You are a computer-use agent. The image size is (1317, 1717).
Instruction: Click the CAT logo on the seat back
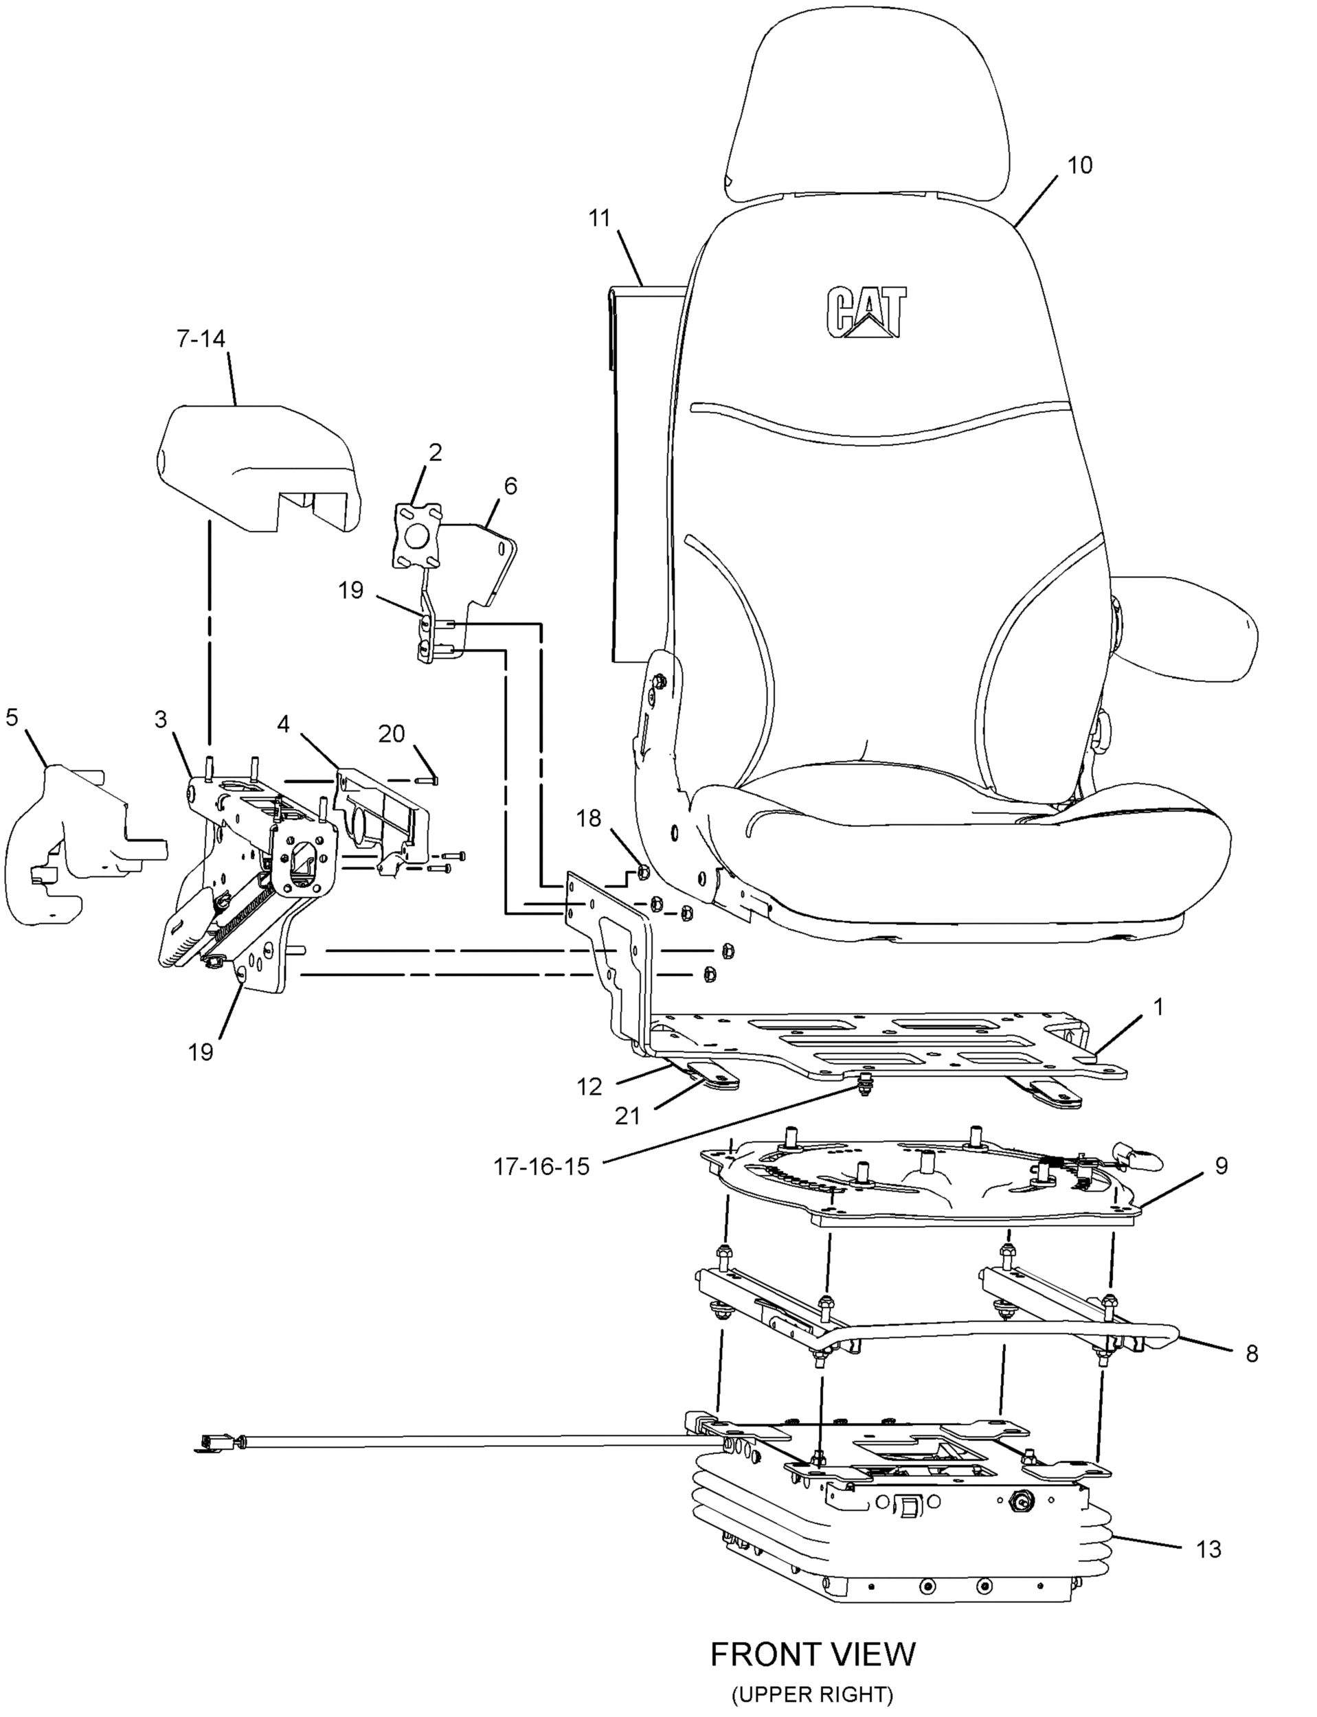point(866,312)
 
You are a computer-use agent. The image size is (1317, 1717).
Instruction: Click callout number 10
point(1079,166)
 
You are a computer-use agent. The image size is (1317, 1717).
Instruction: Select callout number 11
point(599,218)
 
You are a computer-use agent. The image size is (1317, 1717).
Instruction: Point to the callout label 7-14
point(200,339)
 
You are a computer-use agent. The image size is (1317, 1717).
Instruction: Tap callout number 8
point(1251,1354)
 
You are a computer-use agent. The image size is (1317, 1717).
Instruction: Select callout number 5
point(12,716)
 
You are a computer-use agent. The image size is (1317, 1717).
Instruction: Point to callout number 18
point(589,818)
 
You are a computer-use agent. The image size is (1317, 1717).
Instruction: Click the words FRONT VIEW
point(813,1655)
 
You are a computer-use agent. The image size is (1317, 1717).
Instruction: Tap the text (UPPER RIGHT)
point(813,1696)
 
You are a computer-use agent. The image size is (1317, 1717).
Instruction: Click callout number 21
point(627,1115)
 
